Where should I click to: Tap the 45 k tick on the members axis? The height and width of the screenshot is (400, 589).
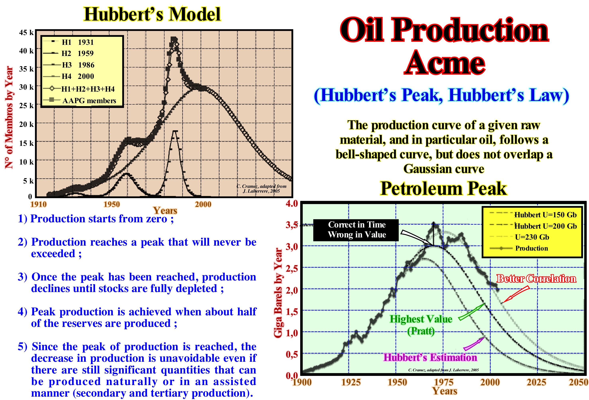pyautogui.click(x=26, y=32)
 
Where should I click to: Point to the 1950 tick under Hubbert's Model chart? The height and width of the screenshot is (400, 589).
pyautogui.click(x=111, y=204)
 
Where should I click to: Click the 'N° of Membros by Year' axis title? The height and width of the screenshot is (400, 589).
pyautogui.click(x=9, y=117)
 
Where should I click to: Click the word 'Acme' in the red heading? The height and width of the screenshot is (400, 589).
pyautogui.click(x=444, y=62)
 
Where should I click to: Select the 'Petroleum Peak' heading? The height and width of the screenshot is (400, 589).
pyautogui.click(x=443, y=188)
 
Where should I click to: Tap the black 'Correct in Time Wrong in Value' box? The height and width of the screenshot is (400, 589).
pyautogui.click(x=356, y=230)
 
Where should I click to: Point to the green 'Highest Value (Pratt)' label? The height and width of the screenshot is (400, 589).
pyautogui.click(x=421, y=325)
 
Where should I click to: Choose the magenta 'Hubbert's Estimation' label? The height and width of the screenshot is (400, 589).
pyautogui.click(x=430, y=357)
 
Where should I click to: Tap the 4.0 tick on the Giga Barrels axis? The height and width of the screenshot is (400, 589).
pyautogui.click(x=292, y=203)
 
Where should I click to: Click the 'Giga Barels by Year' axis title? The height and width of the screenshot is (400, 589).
pyautogui.click(x=278, y=293)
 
